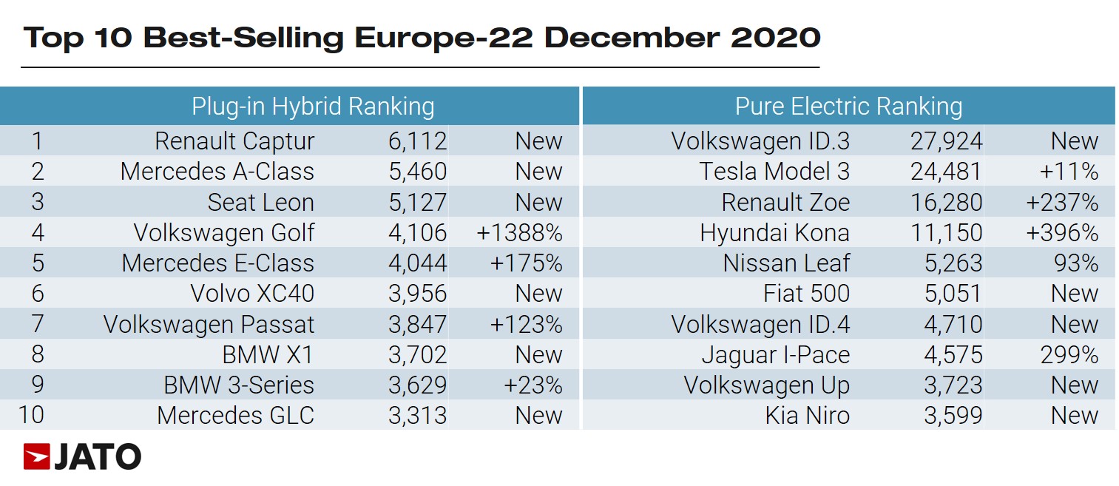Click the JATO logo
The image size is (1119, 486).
click(x=82, y=457)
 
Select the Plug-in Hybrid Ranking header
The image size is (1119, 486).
click(x=313, y=107)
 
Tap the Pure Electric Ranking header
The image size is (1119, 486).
click(x=848, y=107)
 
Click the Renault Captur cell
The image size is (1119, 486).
click(x=234, y=141)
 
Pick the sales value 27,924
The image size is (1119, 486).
click(x=946, y=141)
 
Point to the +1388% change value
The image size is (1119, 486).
click(x=520, y=233)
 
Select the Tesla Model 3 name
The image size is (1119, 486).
click(x=774, y=172)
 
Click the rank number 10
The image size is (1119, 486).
click(x=31, y=415)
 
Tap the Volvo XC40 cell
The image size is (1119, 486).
click(x=252, y=294)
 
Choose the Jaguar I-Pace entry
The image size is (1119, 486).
click(x=776, y=355)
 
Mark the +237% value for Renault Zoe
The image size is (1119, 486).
click(x=1062, y=203)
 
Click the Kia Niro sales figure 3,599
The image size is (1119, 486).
click(x=953, y=416)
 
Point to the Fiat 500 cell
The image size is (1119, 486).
click(x=806, y=294)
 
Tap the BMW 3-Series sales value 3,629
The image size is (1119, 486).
click(x=417, y=385)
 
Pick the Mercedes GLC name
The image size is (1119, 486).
click(x=235, y=416)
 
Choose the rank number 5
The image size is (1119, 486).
click(x=37, y=263)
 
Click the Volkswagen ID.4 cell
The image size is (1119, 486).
click(x=760, y=325)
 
